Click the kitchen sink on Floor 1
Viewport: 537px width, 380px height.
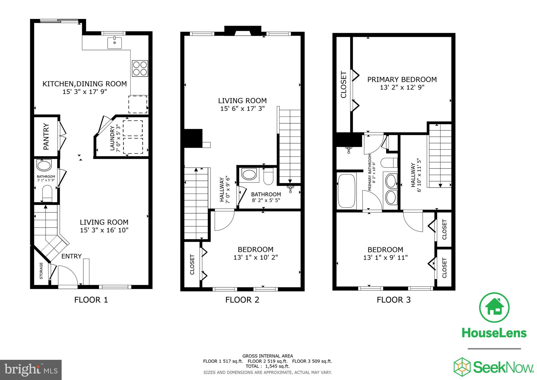(115, 43)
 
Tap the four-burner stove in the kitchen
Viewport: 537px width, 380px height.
(139, 68)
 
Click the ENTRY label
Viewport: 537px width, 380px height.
(71, 256)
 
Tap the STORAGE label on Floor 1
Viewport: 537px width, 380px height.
(41, 271)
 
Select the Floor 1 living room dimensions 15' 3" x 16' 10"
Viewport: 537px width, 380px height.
(104, 230)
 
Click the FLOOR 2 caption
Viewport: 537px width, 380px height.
(242, 300)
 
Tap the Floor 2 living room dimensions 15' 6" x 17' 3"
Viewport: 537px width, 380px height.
(242, 108)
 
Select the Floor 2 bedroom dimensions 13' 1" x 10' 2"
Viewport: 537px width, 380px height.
(255, 257)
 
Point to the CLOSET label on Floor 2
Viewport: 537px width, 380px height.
(192, 264)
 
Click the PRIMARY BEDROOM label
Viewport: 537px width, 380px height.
(402, 80)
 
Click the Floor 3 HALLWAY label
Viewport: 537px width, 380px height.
(414, 175)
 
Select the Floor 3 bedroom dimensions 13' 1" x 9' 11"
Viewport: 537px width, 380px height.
(385, 257)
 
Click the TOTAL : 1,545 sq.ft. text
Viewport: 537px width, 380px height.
(267, 366)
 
